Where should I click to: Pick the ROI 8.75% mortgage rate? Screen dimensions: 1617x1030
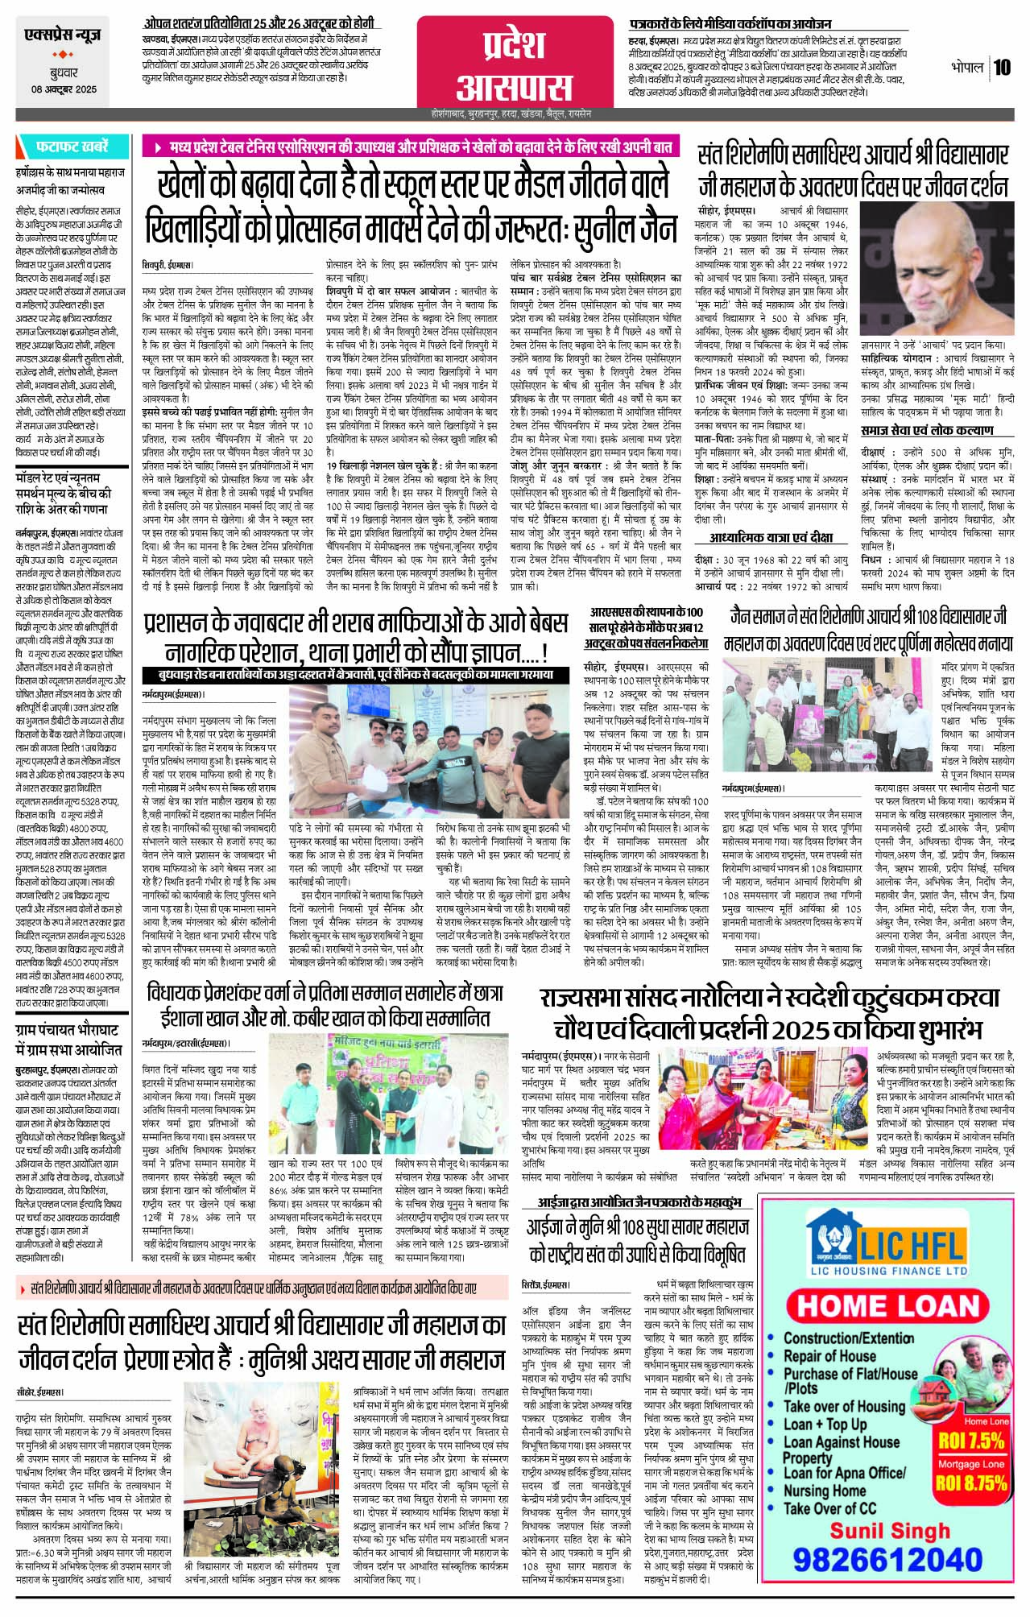click(972, 1482)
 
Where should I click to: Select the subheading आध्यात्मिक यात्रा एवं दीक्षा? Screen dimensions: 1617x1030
click(771, 537)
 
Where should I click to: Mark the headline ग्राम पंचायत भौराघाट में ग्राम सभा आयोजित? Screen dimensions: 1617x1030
click(68, 1039)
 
